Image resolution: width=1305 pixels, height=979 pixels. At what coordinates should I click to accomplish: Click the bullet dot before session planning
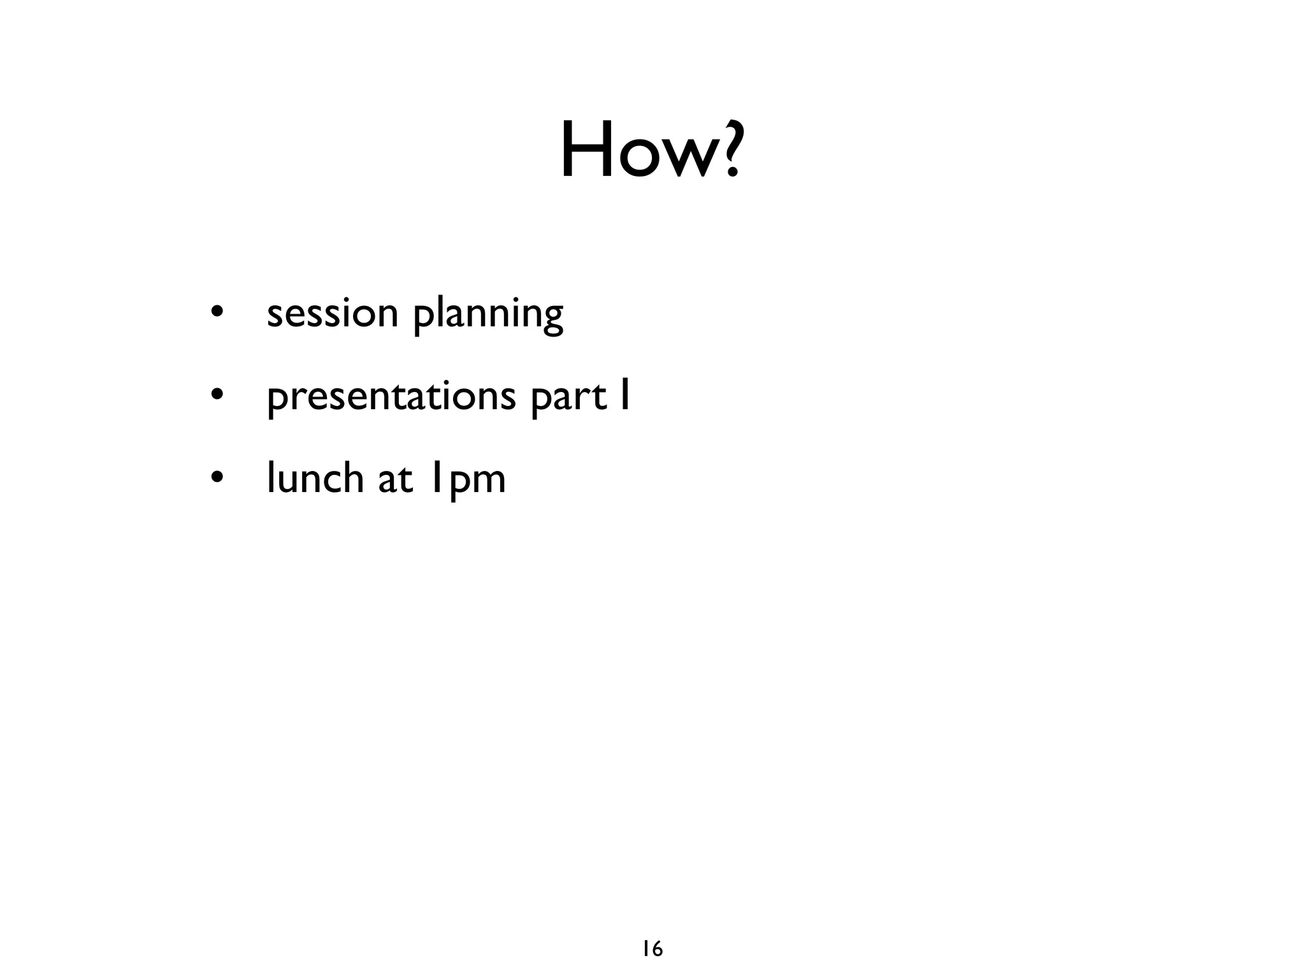pos(217,314)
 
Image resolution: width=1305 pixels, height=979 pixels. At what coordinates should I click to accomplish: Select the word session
pos(332,314)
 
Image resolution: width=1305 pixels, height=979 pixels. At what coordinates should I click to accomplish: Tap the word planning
pos(488,316)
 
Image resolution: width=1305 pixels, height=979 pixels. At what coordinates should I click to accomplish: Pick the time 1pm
pos(467,480)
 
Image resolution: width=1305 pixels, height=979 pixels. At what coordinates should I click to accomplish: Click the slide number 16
pos(652,949)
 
